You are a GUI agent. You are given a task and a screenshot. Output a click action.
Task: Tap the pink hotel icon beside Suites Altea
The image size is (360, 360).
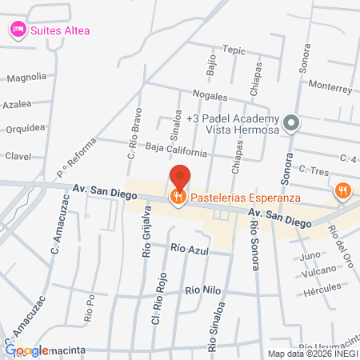pos(17,30)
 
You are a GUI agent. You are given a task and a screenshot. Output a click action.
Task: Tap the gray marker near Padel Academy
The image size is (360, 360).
pos(292,123)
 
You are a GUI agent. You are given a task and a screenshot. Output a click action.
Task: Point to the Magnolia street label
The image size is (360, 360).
pos(26,78)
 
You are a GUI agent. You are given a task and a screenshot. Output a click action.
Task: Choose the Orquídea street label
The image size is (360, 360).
pos(25,128)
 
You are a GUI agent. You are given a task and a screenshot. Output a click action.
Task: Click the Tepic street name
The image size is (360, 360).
pos(234,50)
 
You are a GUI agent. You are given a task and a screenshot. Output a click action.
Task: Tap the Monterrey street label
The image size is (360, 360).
pos(330,86)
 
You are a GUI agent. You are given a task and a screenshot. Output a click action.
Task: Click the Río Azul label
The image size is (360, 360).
pos(190,249)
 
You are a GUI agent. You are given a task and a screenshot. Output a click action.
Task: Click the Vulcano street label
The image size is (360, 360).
pos(319,273)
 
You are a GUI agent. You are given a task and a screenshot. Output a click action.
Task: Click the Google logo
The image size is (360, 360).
pos(26,350)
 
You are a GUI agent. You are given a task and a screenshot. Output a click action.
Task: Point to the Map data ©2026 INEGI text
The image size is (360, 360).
pos(313,354)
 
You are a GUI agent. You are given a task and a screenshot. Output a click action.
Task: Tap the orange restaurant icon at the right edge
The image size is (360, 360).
pos(343,190)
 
